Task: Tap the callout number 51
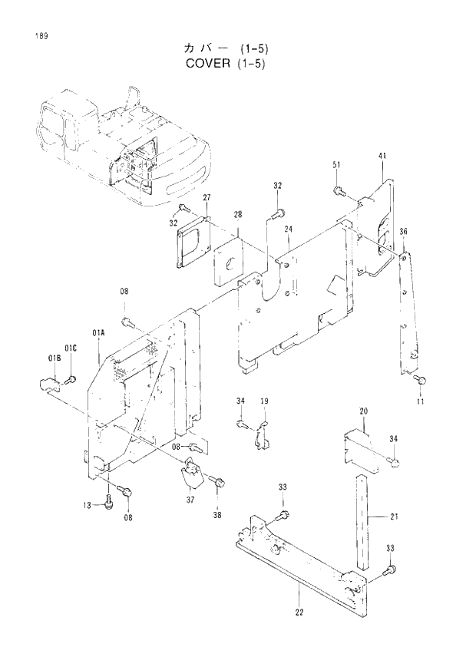(x=336, y=166)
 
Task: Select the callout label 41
(x=382, y=157)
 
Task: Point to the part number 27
(x=207, y=198)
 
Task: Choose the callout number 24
(x=289, y=229)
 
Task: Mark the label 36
(x=403, y=232)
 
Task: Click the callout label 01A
(x=98, y=332)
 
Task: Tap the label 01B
(x=55, y=358)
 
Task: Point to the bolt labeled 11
(x=419, y=379)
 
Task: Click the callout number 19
(x=263, y=401)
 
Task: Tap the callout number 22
(x=299, y=612)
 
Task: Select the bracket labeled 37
(x=190, y=477)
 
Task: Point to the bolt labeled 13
(x=111, y=500)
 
